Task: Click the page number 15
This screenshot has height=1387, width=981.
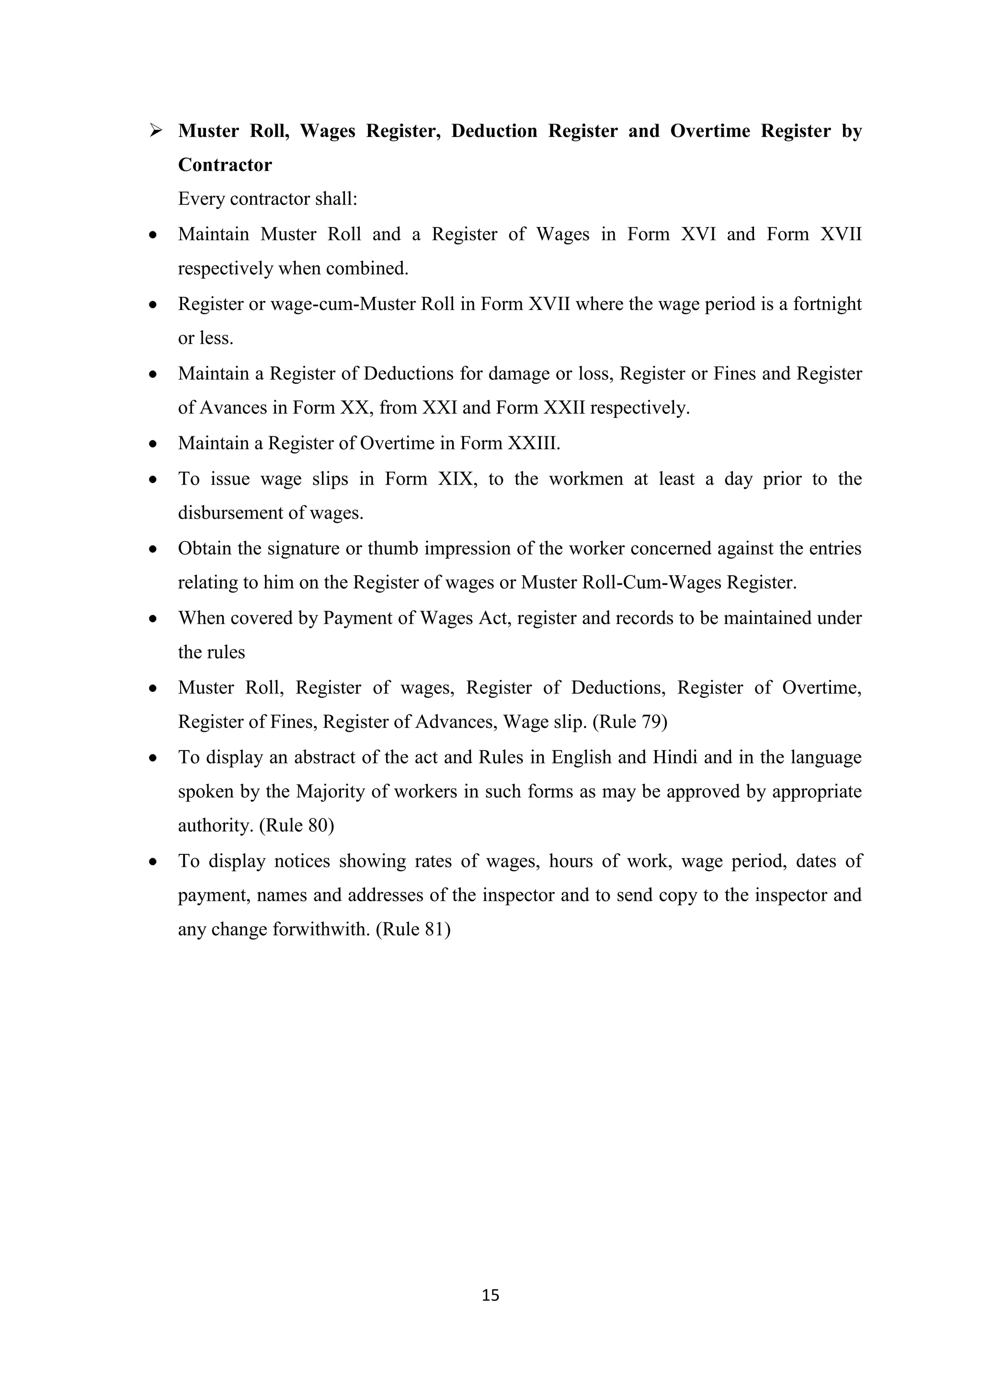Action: (x=490, y=1295)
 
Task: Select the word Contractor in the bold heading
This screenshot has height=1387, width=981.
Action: (x=225, y=165)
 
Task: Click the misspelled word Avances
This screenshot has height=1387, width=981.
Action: (x=233, y=408)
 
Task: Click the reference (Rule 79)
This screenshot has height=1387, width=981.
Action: (x=629, y=722)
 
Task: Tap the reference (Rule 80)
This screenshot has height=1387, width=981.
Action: (x=297, y=825)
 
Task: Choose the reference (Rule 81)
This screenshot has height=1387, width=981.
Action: (x=413, y=929)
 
